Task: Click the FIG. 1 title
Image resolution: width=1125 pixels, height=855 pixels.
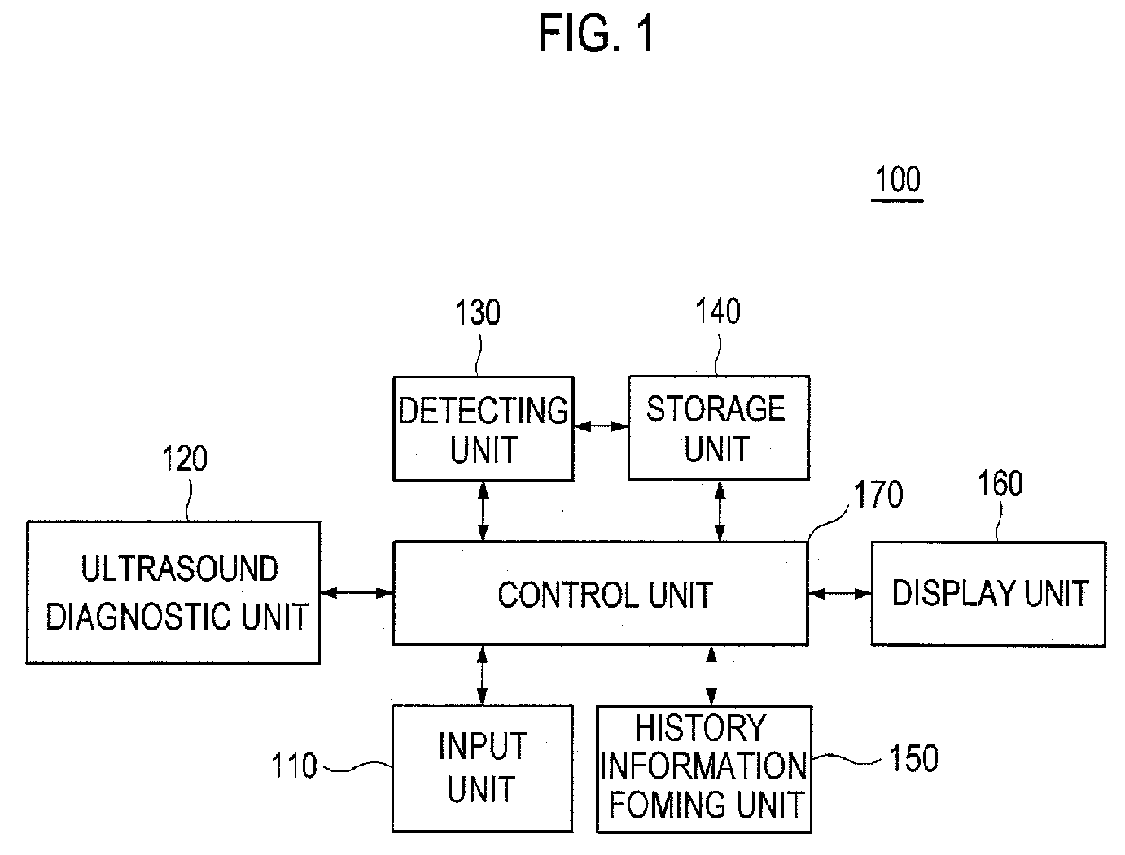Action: pyautogui.click(x=597, y=33)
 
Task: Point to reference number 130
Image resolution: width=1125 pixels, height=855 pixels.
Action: pyautogui.click(x=478, y=312)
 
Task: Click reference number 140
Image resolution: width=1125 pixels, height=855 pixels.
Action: pyautogui.click(x=717, y=311)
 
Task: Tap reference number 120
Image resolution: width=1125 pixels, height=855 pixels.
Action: pyautogui.click(x=185, y=458)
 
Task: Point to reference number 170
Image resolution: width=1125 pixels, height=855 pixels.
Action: pyautogui.click(x=878, y=495)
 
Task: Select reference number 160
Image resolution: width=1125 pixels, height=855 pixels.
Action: pyautogui.click(x=1000, y=483)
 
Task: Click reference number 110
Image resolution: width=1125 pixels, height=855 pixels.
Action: pyautogui.click(x=294, y=766)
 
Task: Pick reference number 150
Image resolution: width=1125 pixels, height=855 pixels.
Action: pyautogui.click(x=914, y=758)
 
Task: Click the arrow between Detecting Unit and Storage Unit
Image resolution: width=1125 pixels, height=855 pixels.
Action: pyautogui.click(x=602, y=426)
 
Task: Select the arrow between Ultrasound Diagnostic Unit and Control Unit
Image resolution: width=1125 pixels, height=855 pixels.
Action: pyautogui.click(x=357, y=593)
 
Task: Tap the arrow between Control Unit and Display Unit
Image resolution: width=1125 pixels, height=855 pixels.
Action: pyautogui.click(x=840, y=594)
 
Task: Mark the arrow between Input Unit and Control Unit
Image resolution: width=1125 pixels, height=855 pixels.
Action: pyautogui.click(x=482, y=675)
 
